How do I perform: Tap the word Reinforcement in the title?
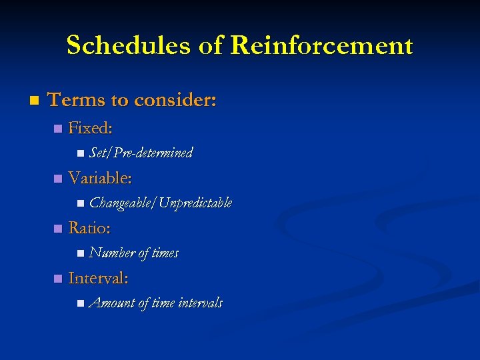(322, 46)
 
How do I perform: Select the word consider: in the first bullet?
(175, 100)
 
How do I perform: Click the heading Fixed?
(90, 128)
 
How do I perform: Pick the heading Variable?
(100, 178)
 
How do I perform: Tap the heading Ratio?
(89, 228)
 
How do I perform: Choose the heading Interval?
(99, 278)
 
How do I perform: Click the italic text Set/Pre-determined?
(141, 153)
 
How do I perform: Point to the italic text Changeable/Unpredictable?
(160, 203)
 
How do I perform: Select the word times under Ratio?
(165, 253)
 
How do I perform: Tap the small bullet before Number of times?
(80, 253)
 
